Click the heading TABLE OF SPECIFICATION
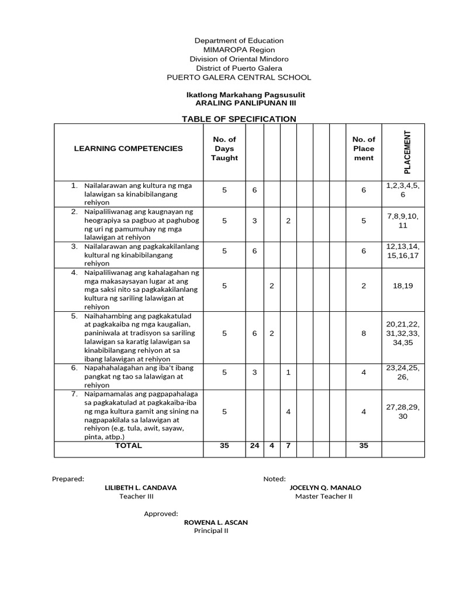pyautogui.click(x=239, y=119)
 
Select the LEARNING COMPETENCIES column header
pyautogui.click(x=128, y=149)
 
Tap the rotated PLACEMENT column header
pyautogui.click(x=407, y=152)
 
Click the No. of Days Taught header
pyautogui.click(x=224, y=149)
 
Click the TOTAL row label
pyautogui.click(x=128, y=446)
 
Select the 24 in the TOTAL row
pyautogui.click(x=254, y=446)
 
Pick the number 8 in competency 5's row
pyautogui.click(x=364, y=333)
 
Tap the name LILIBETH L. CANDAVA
pyautogui.click(x=140, y=487)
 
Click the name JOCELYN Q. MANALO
pyautogui.click(x=325, y=487)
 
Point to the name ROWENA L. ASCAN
pyautogui.click(x=216, y=522)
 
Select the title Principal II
pyautogui.click(x=211, y=531)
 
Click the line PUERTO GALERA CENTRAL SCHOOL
pyautogui.click(x=239, y=77)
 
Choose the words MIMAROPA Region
pyautogui.click(x=239, y=50)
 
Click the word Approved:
pyautogui.click(x=161, y=514)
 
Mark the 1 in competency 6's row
pyautogui.click(x=288, y=372)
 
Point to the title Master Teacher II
pyautogui.click(x=324, y=497)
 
